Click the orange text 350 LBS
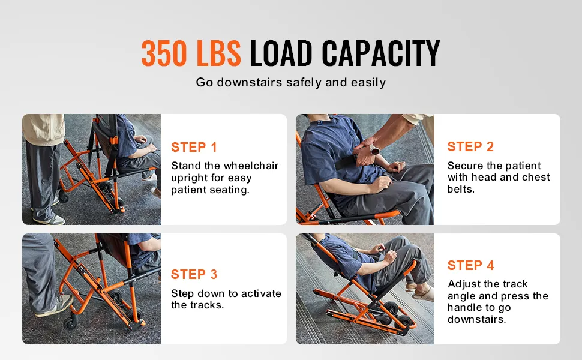191,53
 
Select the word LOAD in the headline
281,53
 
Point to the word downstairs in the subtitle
250,82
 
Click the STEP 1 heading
194,148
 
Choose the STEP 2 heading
470,146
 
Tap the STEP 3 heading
194,274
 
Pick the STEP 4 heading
470,265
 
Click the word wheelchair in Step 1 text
251,166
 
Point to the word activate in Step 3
261,293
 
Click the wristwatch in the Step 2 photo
374,150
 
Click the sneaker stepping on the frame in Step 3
55,305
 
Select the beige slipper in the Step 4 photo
422,293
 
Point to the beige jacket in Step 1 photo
44,129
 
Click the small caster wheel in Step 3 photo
70,323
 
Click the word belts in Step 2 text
461,189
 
